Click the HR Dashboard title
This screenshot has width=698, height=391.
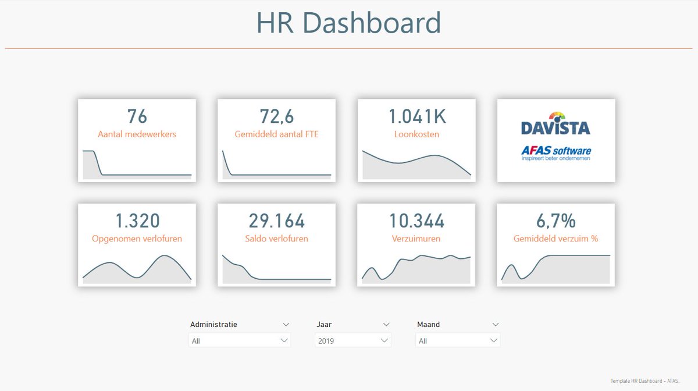tap(349, 23)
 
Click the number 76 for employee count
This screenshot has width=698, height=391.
tap(137, 116)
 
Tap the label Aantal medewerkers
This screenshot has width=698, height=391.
tap(137, 134)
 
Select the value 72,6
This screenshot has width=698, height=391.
tap(277, 116)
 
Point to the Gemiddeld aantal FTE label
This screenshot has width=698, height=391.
tap(277, 134)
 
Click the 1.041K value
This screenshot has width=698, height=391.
tap(416, 116)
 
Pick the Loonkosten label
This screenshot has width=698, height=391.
tap(416, 134)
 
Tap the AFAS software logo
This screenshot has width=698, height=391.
tap(556, 153)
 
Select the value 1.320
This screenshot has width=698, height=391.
tap(137, 221)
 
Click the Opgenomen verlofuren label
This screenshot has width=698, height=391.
tap(137, 239)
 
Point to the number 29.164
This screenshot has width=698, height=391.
tap(277, 221)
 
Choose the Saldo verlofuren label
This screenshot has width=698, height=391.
tap(277, 239)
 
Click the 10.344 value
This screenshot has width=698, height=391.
tap(416, 221)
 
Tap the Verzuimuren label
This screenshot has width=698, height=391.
tap(416, 239)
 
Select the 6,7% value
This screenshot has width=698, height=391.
tap(556, 221)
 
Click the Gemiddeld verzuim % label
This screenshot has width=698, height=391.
tap(556, 239)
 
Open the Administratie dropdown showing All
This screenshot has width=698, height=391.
tap(240, 340)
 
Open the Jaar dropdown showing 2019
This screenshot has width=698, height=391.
tap(352, 340)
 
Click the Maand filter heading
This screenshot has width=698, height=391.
tap(429, 324)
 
